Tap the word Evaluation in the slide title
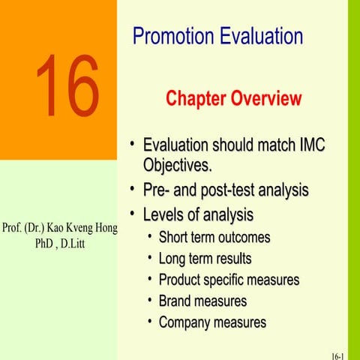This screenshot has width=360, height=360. pyautogui.click(x=259, y=36)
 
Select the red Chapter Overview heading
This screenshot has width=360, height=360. pyautogui.click(x=233, y=98)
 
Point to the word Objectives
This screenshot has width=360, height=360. pyautogui.click(x=178, y=163)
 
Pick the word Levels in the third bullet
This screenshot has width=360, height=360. pyautogui.click(x=166, y=215)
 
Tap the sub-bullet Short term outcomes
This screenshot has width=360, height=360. pyautogui.click(x=214, y=238)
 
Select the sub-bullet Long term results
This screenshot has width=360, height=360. pyautogui.click(x=205, y=259)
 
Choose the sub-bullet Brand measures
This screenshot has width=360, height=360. pyautogui.click(x=202, y=301)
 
